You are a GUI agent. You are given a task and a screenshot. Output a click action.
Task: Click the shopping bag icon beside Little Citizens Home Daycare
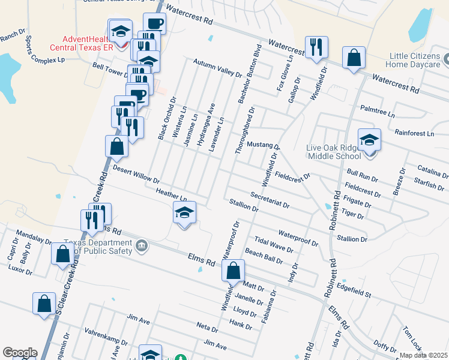click(354, 58)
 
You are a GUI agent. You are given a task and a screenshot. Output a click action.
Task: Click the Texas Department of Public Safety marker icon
click(142, 244)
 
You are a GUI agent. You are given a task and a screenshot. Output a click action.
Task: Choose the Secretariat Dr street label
click(270, 200)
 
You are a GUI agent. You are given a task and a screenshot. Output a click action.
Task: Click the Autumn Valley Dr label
click(217, 68)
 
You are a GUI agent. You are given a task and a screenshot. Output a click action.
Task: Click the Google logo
click(20, 352)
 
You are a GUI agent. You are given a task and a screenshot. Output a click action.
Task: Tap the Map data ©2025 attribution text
click(423, 355)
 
